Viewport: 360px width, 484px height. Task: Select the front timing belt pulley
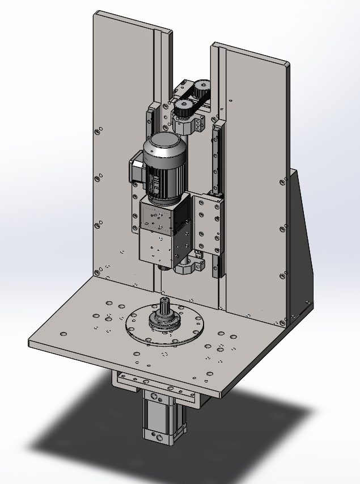pyautogui.click(x=184, y=107)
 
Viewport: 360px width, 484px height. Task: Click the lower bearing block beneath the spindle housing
pyautogui.click(x=190, y=267)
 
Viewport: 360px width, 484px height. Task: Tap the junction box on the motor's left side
pyautogui.click(x=136, y=166)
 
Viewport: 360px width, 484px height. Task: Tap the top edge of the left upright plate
pyautogui.click(x=130, y=20)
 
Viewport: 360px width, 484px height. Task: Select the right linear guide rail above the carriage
pyautogui.click(x=215, y=159)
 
